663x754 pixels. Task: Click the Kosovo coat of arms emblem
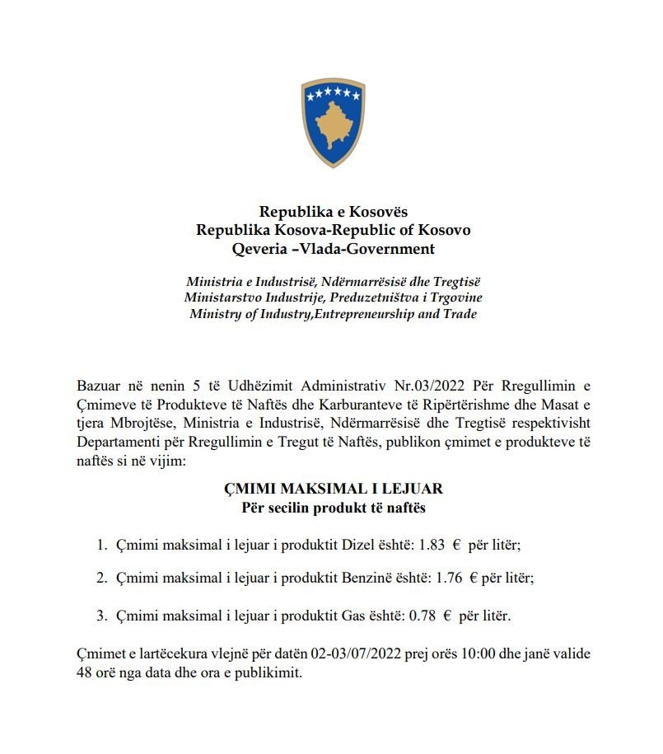[333, 123]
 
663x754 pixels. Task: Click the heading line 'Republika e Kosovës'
[334, 213]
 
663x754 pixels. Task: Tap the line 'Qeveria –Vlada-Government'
[334, 249]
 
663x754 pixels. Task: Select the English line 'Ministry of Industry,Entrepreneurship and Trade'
[334, 314]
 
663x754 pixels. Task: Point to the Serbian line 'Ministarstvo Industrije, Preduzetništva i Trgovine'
[334, 297]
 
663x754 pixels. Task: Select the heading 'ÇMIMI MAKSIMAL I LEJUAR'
[334, 489]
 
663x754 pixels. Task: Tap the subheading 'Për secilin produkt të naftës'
[334, 508]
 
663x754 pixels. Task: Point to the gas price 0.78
[423, 615]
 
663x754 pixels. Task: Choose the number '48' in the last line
[83, 672]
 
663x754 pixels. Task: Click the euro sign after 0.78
[447, 615]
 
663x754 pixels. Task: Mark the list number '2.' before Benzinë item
[102, 578]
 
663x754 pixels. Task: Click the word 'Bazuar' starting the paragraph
[97, 386]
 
